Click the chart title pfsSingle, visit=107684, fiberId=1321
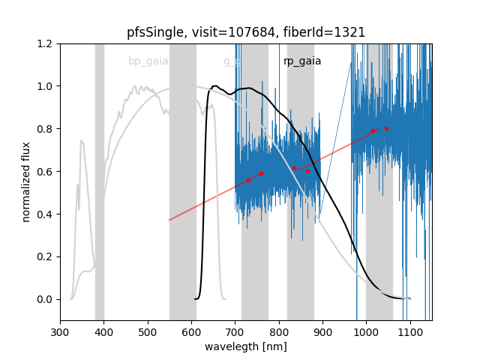246,32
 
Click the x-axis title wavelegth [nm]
246,346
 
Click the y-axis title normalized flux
27,182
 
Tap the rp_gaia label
302,61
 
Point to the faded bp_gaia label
148,61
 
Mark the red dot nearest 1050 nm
386,128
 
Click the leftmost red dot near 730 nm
248,180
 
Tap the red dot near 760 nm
261,173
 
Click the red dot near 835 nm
294,168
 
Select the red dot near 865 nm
307,171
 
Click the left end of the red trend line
169,220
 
